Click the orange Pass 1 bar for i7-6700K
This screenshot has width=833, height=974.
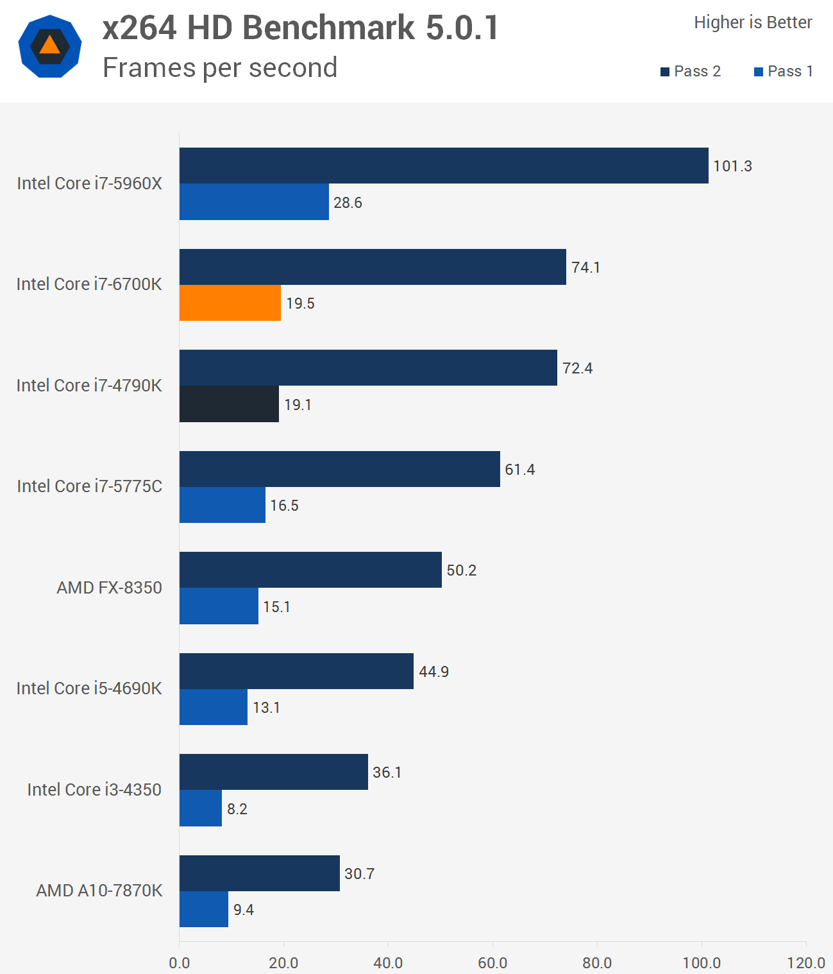[x=230, y=303]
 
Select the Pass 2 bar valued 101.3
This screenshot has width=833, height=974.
[x=444, y=166]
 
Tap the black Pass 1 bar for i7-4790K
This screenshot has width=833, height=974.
[x=229, y=404]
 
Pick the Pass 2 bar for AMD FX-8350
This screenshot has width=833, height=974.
[x=310, y=570]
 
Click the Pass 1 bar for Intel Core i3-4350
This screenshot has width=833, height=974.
[x=201, y=808]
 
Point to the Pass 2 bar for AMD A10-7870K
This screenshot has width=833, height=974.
[x=260, y=873]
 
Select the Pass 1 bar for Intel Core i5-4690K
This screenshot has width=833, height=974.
[x=214, y=707]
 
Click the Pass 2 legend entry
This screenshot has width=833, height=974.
[x=691, y=71]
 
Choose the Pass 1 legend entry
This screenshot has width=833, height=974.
[x=784, y=71]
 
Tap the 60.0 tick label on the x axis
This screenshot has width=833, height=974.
[x=492, y=962]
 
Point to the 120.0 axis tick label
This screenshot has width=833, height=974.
[x=806, y=962]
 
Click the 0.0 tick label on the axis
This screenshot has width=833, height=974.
[x=180, y=962]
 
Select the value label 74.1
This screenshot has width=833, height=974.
[x=586, y=267]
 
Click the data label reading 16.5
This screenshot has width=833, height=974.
[x=284, y=506]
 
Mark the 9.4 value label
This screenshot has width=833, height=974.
[x=244, y=910]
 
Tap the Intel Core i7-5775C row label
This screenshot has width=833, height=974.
[x=90, y=486]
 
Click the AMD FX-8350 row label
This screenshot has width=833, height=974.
[x=109, y=588]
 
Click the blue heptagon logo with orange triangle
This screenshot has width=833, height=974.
[x=50, y=46]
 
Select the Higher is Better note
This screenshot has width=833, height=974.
[x=753, y=22]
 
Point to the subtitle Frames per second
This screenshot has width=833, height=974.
[x=220, y=67]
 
